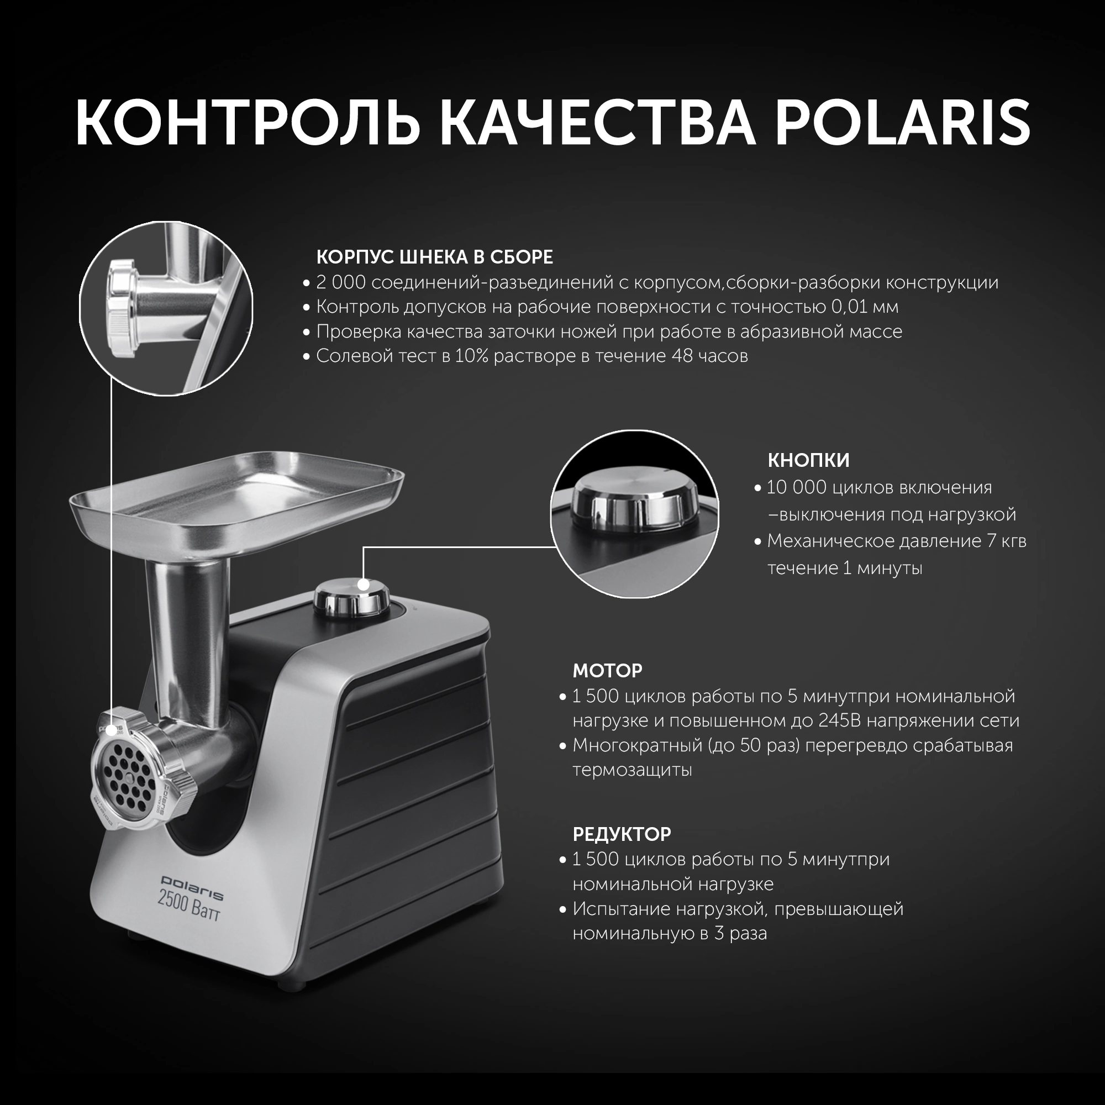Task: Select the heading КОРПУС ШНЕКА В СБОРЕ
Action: [435, 257]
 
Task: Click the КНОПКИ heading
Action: [808, 460]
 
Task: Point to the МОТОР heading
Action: [607, 670]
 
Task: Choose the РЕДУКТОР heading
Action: [622, 834]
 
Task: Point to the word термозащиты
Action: [632, 770]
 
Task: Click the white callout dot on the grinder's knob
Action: [362, 585]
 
